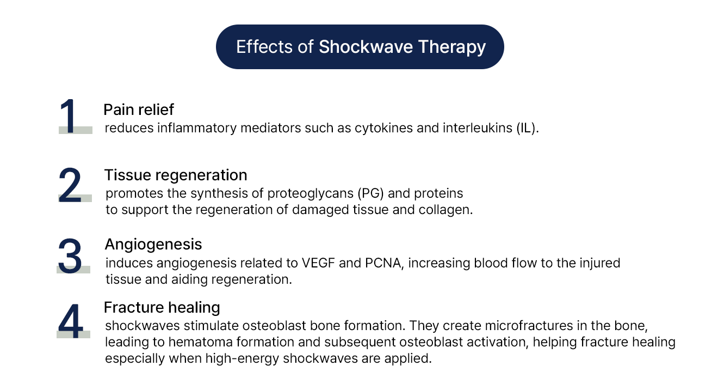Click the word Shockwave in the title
pos(366,46)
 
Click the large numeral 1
pos(69,116)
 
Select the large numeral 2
pos(70,185)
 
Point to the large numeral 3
pos(70,256)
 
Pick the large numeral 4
pos(71,321)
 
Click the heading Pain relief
pos(139,109)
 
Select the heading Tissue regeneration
pos(176,175)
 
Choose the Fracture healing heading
pos(162,308)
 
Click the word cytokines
pos(383,128)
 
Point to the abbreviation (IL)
pos(528,128)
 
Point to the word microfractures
pos(529,326)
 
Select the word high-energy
pos(242,359)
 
